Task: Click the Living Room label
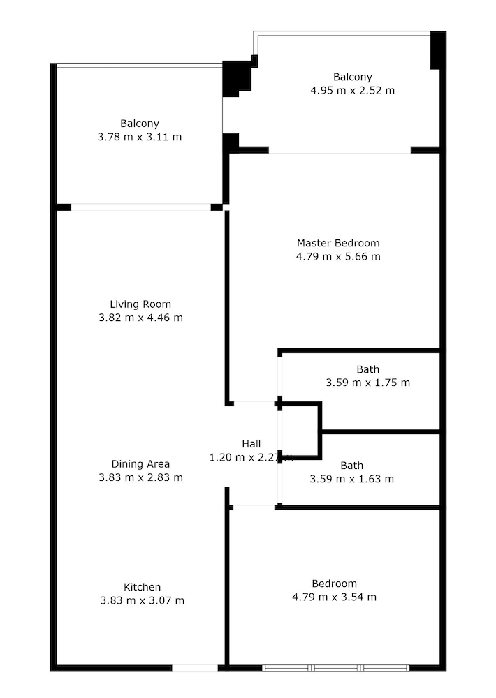pyautogui.click(x=140, y=304)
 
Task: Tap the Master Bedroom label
pyautogui.click(x=338, y=243)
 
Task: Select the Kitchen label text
pyautogui.click(x=142, y=587)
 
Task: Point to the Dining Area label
pyautogui.click(x=140, y=464)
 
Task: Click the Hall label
pyautogui.click(x=251, y=444)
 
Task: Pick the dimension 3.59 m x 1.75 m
pyautogui.click(x=368, y=383)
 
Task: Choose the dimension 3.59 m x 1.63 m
pyautogui.click(x=352, y=479)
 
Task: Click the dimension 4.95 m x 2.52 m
pyautogui.click(x=353, y=90)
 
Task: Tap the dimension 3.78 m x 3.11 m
pyautogui.click(x=140, y=137)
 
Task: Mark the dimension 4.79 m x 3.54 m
pyautogui.click(x=334, y=597)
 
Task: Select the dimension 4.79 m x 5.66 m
pyautogui.click(x=338, y=256)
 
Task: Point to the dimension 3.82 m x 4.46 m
pyautogui.click(x=141, y=318)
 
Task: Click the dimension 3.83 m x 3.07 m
pyautogui.click(x=142, y=600)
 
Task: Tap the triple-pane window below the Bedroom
pyautogui.click(x=335, y=668)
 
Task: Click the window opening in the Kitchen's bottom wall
pyautogui.click(x=195, y=668)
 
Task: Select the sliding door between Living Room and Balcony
pyautogui.click(x=141, y=207)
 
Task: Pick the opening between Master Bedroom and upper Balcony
pyautogui.click(x=340, y=151)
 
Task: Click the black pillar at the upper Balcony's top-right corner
pyautogui.click(x=438, y=50)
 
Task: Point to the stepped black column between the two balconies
pyautogui.click(x=237, y=78)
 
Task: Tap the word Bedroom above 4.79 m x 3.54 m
pyautogui.click(x=334, y=584)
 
